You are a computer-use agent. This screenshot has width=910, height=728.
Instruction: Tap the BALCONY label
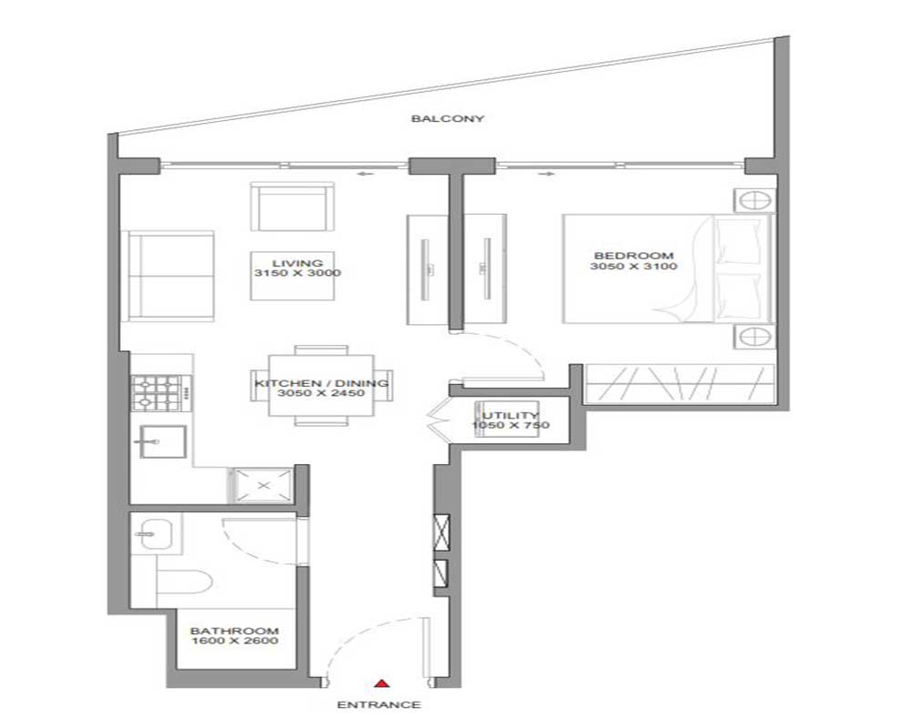point(448,118)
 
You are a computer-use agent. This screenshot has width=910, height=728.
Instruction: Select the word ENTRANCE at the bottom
point(379,704)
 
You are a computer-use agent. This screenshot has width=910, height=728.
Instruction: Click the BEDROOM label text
point(633,256)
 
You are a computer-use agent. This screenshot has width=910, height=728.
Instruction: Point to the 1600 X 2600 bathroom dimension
point(235,641)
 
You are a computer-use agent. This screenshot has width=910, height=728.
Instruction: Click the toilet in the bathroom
point(184,581)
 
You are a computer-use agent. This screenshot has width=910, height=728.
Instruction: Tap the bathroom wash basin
point(155,532)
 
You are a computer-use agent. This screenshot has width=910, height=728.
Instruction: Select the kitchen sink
point(164,442)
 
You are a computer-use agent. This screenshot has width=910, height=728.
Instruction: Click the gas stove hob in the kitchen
point(157,392)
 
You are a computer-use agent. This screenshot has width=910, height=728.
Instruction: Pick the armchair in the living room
point(292,207)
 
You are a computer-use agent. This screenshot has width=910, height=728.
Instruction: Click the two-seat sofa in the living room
point(167,276)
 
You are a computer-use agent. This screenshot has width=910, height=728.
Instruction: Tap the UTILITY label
point(511,416)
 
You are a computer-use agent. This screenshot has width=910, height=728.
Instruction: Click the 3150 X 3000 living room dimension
point(298,273)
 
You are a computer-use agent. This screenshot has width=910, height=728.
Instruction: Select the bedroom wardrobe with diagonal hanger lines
point(680,384)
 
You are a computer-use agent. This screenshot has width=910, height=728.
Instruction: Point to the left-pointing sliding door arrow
point(365,174)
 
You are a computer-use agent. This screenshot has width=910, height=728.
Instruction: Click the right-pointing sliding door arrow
point(547,174)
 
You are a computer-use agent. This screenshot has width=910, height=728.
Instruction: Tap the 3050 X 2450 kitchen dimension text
point(321,393)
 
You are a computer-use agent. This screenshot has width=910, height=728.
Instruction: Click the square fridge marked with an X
point(263,485)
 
